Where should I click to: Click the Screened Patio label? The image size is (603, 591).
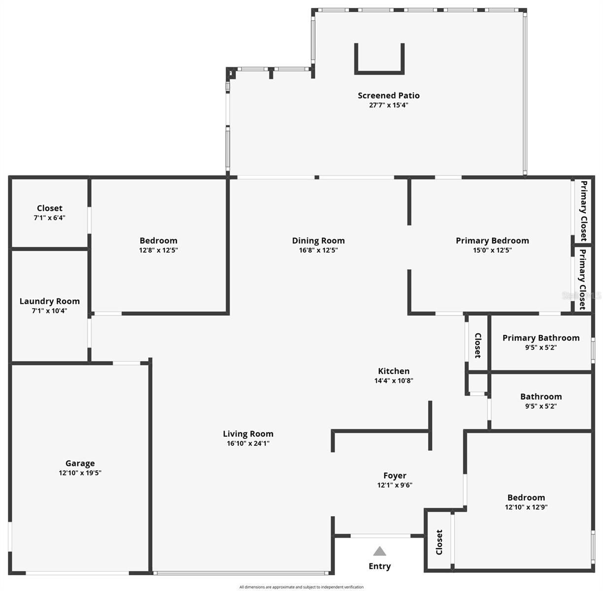pos(388,96)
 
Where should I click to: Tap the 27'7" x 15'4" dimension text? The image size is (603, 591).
pos(388,105)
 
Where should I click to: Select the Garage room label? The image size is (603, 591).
pos(80,463)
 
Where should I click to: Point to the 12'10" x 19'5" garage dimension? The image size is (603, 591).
pos(80,473)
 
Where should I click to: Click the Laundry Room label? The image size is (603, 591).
pos(49,301)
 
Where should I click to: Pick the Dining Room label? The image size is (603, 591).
pos(318,240)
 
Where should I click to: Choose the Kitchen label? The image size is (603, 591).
pos(394,371)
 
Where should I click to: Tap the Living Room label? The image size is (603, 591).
pos(248,433)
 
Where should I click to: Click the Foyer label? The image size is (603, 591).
pos(395,475)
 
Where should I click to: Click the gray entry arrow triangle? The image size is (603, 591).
pos(379,551)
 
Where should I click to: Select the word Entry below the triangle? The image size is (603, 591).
pos(379,566)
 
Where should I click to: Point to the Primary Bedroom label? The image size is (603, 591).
pos(492,240)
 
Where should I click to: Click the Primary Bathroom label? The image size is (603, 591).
pos(541,337)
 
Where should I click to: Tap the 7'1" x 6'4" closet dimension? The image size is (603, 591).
pos(49,218)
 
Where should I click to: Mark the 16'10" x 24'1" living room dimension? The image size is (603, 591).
pos(248,443)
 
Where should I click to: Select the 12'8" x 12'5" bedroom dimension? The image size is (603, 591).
pos(158,250)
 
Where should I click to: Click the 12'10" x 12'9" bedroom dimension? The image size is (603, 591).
pos(526,507)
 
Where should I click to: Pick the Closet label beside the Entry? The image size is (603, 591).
pos(439,542)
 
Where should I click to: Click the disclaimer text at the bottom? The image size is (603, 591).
pos(301,587)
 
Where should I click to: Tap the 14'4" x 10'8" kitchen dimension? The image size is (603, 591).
pos(394,381)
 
